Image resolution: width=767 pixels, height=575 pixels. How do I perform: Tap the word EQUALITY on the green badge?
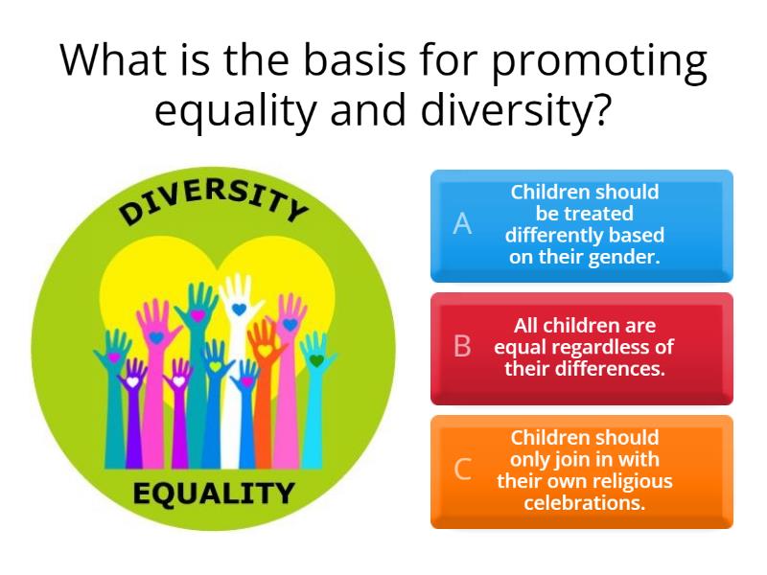(213, 494)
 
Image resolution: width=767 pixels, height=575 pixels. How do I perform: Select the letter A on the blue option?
(462, 224)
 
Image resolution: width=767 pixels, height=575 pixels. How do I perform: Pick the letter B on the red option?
(462, 347)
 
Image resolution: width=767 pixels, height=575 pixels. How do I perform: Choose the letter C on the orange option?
(462, 470)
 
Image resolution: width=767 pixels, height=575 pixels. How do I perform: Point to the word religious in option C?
(630, 480)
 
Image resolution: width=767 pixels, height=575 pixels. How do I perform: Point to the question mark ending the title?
(600, 112)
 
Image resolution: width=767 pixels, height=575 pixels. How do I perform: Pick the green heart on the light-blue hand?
(315, 360)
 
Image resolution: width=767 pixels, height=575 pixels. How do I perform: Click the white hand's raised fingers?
(238, 287)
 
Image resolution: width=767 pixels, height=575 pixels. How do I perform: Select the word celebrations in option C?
(584, 501)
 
